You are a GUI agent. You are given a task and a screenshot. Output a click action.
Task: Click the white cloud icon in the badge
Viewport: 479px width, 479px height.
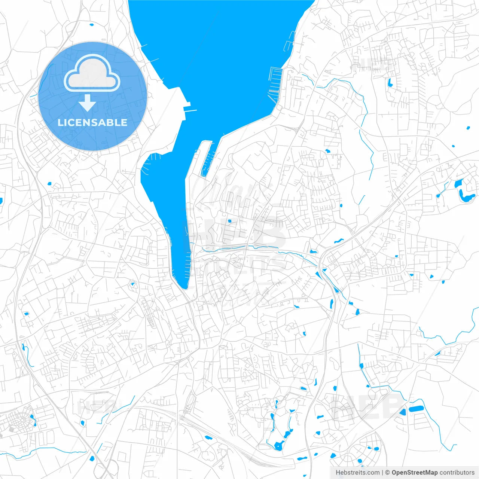(x=92, y=73)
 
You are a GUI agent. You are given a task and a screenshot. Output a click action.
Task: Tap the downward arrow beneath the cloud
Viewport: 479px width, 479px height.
(x=87, y=103)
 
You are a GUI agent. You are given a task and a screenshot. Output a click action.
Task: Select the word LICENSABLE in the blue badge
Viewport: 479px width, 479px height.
(x=92, y=122)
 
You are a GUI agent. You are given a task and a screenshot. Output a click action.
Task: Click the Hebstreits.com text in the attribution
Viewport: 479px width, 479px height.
(x=357, y=473)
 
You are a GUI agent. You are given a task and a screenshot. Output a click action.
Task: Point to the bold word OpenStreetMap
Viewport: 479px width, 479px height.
(x=415, y=473)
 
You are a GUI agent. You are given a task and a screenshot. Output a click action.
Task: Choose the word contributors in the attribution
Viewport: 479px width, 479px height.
(x=457, y=473)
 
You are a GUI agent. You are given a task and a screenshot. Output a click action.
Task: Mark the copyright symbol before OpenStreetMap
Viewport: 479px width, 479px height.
(x=388, y=473)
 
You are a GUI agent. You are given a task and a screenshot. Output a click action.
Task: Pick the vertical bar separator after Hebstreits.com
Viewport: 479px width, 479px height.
(x=382, y=473)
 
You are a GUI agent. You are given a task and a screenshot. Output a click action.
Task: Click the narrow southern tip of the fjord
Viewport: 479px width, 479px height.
(x=184, y=286)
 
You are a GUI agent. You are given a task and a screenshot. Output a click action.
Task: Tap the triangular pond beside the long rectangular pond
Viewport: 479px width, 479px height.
(x=403, y=412)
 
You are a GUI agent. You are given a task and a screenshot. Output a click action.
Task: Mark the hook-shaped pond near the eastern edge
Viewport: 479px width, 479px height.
(x=464, y=192)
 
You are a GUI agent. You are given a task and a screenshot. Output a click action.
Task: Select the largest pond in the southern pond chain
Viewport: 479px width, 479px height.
(x=278, y=446)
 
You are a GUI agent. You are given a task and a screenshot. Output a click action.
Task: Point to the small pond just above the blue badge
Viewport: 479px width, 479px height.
(x=92, y=25)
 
